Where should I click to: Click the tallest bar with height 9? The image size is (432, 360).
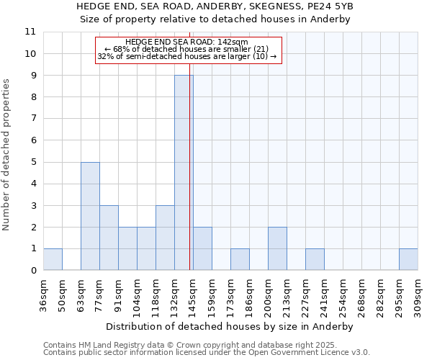click(x=184, y=173)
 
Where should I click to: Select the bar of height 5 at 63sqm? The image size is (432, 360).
click(x=90, y=216)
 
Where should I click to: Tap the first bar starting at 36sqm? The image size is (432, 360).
click(x=53, y=259)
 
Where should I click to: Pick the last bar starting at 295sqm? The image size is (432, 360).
click(x=408, y=259)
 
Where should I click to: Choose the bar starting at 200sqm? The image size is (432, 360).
click(x=277, y=248)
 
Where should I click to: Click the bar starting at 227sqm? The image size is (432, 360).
click(x=315, y=259)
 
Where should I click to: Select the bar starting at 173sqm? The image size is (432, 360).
click(x=240, y=259)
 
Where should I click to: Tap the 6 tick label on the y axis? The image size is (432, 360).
click(x=33, y=140)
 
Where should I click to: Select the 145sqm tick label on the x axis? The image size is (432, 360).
click(x=193, y=295)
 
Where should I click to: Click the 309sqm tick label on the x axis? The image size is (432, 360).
click(x=418, y=295)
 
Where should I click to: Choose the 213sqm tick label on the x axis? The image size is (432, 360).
click(x=287, y=295)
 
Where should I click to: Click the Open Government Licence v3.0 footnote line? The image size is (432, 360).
click(x=207, y=353)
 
